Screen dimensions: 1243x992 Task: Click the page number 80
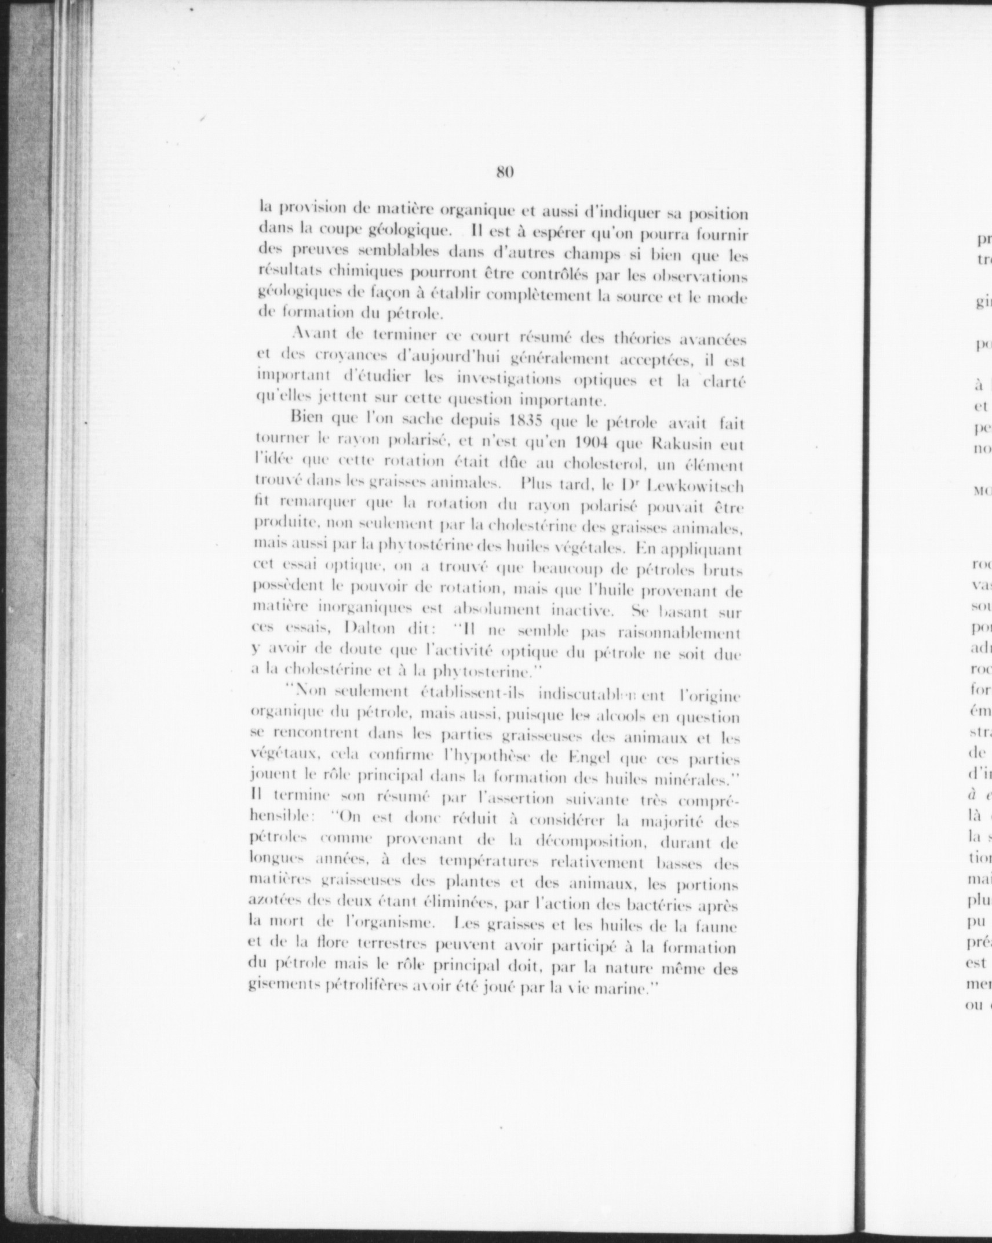[505, 172]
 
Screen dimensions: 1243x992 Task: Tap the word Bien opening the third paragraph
[308, 416]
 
